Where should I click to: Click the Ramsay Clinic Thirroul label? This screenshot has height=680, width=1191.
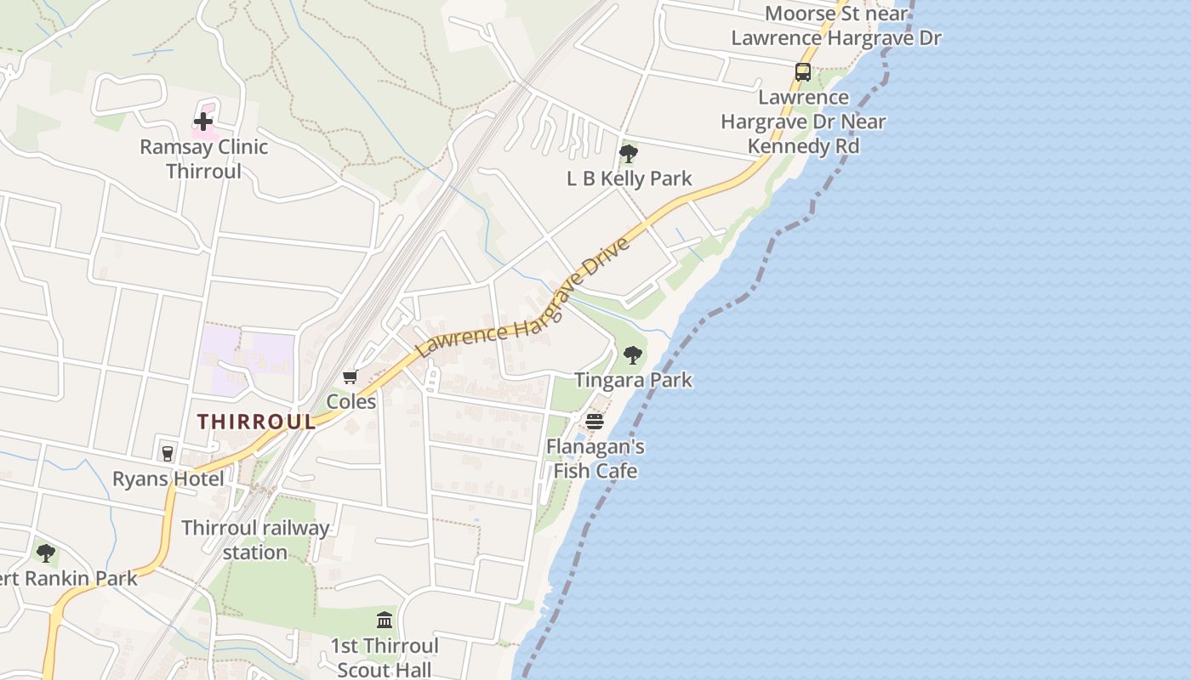pyautogui.click(x=203, y=159)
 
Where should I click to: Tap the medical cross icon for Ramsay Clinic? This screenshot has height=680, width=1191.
pyautogui.click(x=203, y=122)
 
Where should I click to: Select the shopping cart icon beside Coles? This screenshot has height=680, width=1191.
pyautogui.click(x=350, y=376)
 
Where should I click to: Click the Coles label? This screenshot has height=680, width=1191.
pyautogui.click(x=351, y=401)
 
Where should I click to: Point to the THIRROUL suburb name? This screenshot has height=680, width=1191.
pyautogui.click(x=257, y=422)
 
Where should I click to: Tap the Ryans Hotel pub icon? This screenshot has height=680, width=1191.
pyautogui.click(x=168, y=453)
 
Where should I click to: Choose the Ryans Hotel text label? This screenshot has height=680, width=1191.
pyautogui.click(x=168, y=479)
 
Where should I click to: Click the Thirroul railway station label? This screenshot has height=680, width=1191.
pyautogui.click(x=255, y=540)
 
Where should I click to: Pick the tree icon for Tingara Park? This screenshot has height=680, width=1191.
pyautogui.click(x=632, y=355)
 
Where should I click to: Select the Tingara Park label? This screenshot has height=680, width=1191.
pyautogui.click(x=633, y=380)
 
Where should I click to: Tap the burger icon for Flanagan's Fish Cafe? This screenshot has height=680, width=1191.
pyautogui.click(x=595, y=422)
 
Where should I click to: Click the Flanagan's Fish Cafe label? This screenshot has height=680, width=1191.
pyautogui.click(x=595, y=458)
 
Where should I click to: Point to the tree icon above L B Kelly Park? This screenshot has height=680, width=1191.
pyautogui.click(x=629, y=154)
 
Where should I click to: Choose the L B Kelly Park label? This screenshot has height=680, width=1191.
pyautogui.click(x=630, y=178)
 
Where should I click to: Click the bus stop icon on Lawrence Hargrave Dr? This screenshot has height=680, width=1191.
pyautogui.click(x=802, y=72)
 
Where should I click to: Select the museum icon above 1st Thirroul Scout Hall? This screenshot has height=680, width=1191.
pyautogui.click(x=385, y=620)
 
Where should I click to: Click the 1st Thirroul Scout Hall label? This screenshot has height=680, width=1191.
pyautogui.click(x=385, y=657)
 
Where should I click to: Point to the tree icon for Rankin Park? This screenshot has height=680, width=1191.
pyautogui.click(x=46, y=553)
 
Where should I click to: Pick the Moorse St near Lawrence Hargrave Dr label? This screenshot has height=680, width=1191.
pyautogui.click(x=836, y=25)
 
